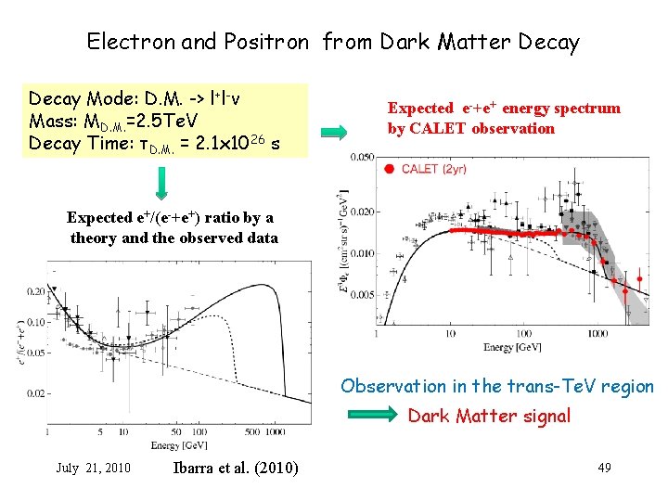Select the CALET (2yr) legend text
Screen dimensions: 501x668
pos(435,168)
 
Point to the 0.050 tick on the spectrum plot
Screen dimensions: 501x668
pos(362,159)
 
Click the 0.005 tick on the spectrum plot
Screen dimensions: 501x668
pos(362,294)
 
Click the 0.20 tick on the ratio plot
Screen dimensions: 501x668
pos(34,291)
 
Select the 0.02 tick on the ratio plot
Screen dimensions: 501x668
pos(34,393)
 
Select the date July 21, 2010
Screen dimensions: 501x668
pos(93,467)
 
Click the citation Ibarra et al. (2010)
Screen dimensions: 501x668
pos(236,467)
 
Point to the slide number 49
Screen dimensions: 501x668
pos(604,467)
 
